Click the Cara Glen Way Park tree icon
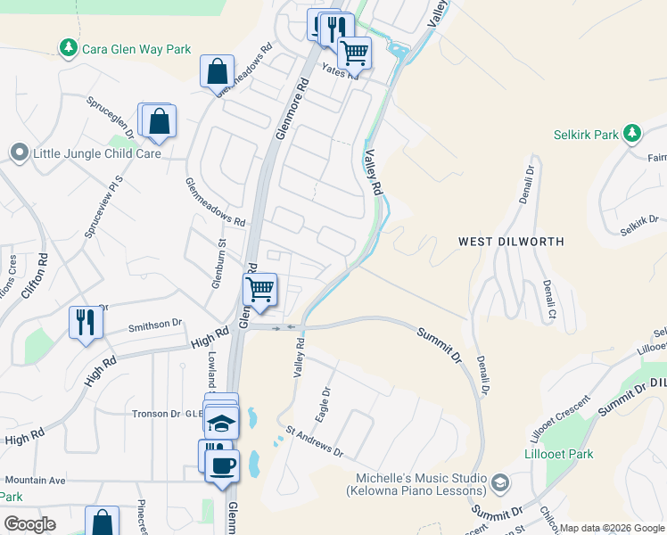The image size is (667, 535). (67, 47)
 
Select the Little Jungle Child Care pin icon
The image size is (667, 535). (19, 153)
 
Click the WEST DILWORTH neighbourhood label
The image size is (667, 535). (512, 242)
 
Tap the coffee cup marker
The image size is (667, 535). (222, 465)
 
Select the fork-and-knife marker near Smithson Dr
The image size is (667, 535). (86, 321)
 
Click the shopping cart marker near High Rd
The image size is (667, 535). (259, 289)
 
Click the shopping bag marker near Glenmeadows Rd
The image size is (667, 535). (218, 70)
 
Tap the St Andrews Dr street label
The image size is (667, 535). (314, 440)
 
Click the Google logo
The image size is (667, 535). (29, 523)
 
